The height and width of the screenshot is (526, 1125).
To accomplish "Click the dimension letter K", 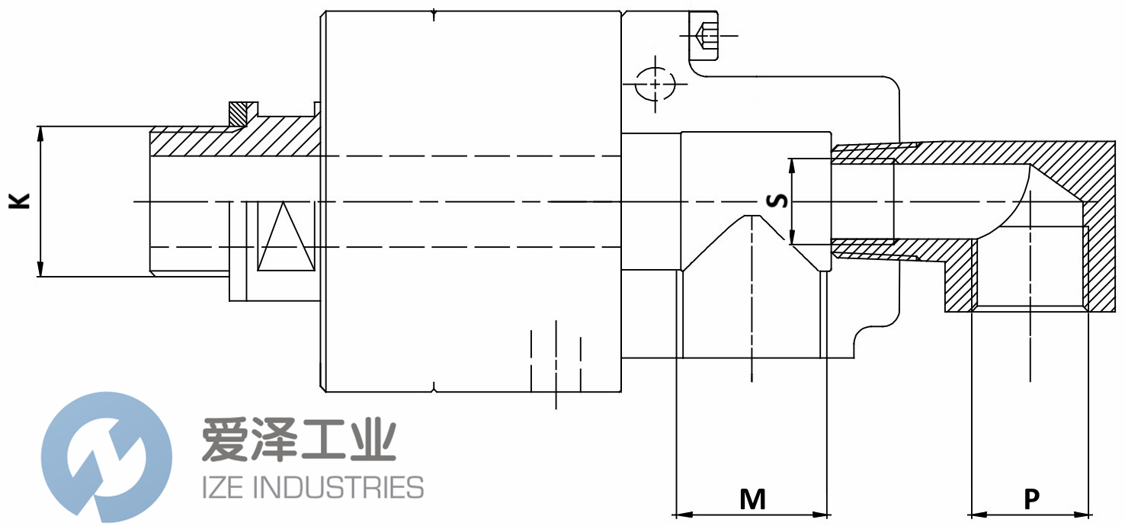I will tap(19, 201).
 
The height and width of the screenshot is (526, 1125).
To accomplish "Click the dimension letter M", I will tap(752, 499).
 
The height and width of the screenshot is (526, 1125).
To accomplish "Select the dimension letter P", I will tap(1030, 499).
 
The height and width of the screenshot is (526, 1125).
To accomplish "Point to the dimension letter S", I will tap(777, 200).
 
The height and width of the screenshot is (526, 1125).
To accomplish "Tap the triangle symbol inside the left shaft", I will tap(286, 238).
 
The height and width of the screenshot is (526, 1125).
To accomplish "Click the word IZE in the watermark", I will tap(224, 487).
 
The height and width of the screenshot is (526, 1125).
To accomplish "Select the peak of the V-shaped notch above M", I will tap(752, 216).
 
